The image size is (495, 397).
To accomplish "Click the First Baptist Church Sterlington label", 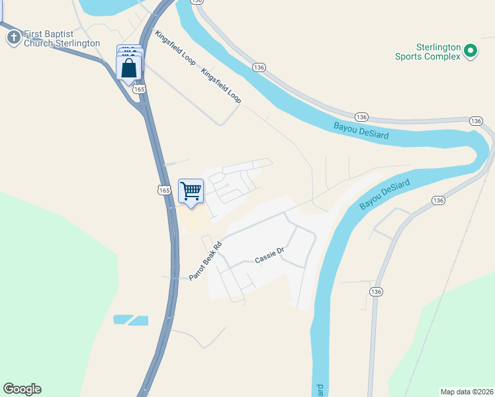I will (62, 38).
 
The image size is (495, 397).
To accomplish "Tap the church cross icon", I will (13, 37).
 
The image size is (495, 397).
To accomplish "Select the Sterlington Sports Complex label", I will (427, 52).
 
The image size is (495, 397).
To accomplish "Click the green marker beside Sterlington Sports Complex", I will (471, 50).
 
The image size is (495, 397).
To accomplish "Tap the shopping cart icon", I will (191, 191).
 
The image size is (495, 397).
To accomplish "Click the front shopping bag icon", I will (128, 68).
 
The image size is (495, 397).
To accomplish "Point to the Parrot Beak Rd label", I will (204, 261).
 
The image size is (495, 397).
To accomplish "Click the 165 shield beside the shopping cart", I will (165, 190).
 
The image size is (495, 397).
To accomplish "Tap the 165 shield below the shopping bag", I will (138, 89).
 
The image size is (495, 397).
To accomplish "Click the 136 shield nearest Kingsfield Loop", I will (259, 67).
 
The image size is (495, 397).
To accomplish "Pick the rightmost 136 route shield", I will (476, 121).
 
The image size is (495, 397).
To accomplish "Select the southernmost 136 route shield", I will (376, 292).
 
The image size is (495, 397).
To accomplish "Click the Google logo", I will (22, 389).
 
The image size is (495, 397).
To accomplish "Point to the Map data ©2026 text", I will (466, 391).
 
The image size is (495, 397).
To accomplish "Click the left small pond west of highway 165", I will (123, 320).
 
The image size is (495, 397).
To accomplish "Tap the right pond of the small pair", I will (139, 321).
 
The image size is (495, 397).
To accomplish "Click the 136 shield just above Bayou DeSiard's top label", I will (361, 115).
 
